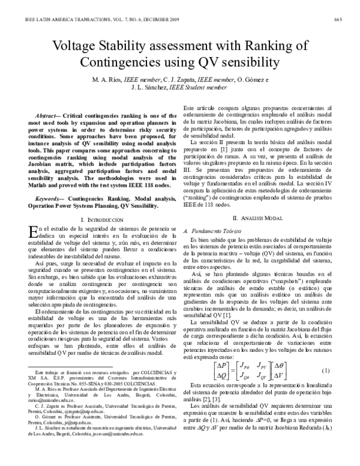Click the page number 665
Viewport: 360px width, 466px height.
coord(338,20)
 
